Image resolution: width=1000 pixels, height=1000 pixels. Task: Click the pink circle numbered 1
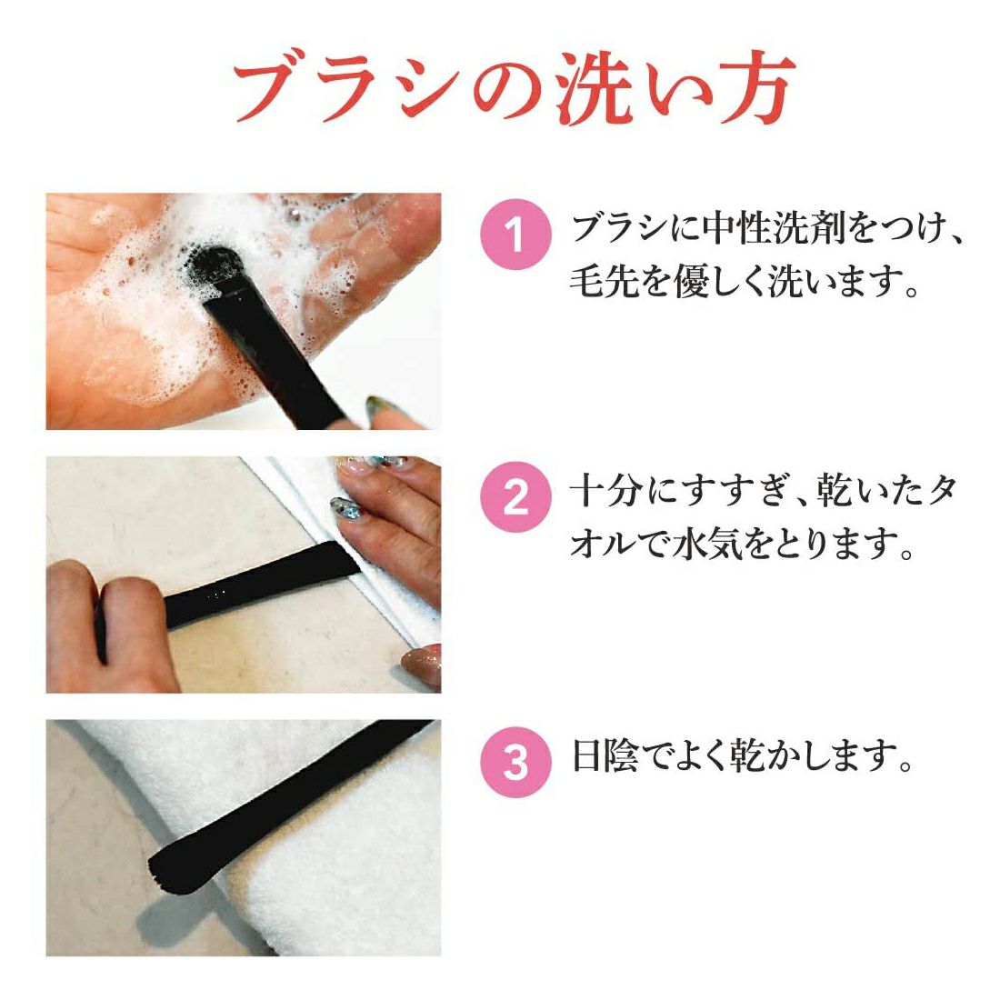tap(515, 234)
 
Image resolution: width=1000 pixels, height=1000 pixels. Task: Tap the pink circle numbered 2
tap(515, 497)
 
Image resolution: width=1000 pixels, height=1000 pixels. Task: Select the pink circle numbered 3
tap(515, 762)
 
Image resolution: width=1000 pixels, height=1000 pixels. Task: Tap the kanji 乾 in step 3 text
tap(748, 755)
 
